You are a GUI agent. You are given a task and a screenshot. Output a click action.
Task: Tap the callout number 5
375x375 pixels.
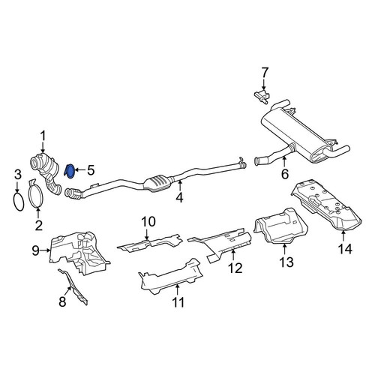pos(91,170)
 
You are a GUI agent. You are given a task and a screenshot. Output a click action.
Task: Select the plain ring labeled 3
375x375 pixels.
pos(19,202)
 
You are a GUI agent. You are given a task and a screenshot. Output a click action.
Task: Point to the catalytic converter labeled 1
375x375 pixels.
pos(46,172)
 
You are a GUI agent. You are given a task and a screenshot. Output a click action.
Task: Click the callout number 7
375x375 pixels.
pos(264,73)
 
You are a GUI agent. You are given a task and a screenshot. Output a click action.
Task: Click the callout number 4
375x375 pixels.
pos(179,197)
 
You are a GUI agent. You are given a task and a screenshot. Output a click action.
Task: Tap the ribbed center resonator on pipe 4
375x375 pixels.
pos(157,184)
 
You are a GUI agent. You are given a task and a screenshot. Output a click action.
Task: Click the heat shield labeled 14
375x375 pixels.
pos(326,205)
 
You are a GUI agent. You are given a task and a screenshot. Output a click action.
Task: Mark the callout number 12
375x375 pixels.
pos(235,268)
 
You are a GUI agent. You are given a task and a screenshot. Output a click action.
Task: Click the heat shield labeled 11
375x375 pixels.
pos(171,277)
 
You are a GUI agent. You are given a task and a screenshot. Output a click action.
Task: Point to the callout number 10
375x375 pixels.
pos(148,221)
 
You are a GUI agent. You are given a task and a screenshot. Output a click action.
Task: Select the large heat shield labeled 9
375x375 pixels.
pos(80,253)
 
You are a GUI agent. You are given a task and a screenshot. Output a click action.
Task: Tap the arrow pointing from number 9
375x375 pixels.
pos(45,250)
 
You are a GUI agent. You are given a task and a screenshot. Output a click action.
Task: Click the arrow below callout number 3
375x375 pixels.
pos(17,188)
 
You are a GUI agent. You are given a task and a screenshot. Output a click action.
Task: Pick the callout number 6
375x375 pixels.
pos(285,174)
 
